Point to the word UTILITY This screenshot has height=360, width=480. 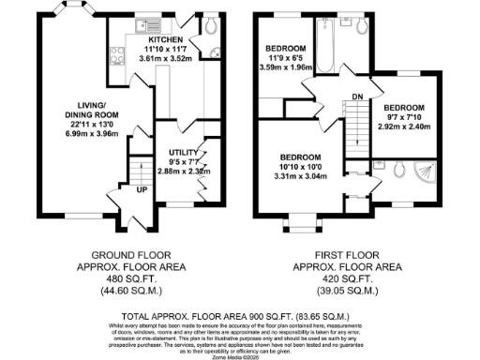pos(181,152)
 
